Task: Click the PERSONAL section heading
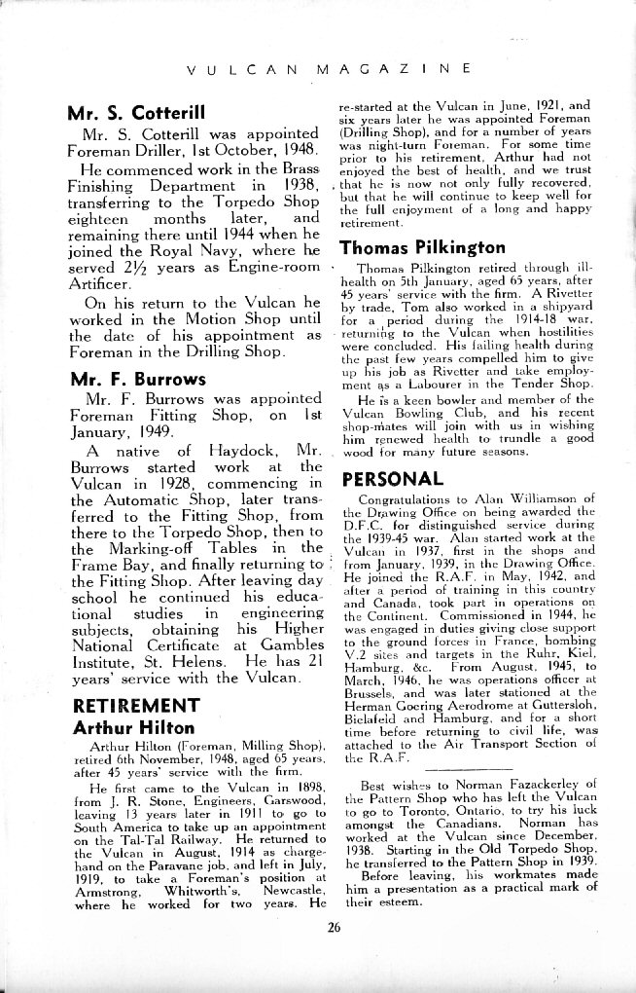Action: click(x=393, y=478)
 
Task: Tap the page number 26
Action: click(x=334, y=927)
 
